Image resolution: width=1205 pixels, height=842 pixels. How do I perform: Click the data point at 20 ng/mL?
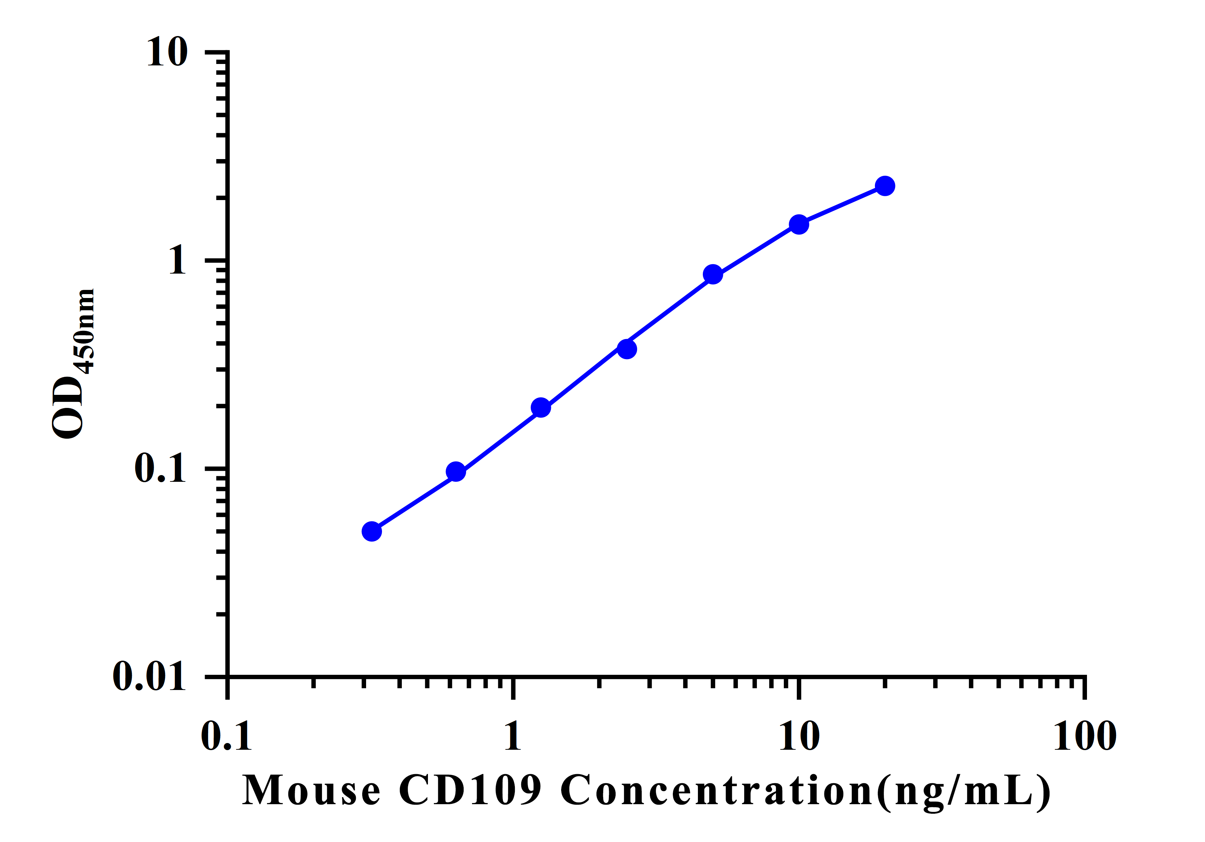[x=885, y=186]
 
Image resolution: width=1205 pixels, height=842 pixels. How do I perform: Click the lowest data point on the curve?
[x=372, y=532]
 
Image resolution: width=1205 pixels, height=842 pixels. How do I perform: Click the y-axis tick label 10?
[x=167, y=53]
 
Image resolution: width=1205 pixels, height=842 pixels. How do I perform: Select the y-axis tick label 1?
[x=177, y=261]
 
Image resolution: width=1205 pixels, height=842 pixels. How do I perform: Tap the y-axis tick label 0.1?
[x=160, y=468]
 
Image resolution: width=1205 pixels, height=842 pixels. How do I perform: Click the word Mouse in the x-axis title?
[x=311, y=790]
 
